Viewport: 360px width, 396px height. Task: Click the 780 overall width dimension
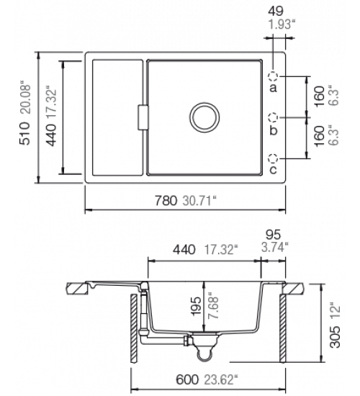click(166, 201)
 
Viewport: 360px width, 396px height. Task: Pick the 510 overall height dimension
click(24, 133)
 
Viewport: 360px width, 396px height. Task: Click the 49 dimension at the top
click(276, 11)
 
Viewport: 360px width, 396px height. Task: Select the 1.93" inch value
click(282, 24)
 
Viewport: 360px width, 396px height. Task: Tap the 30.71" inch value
click(199, 201)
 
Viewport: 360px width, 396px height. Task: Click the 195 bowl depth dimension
click(196, 306)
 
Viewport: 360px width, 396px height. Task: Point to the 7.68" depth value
click(213, 306)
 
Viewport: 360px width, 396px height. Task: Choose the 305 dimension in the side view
click(336, 337)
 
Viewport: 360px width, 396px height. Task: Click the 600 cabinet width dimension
click(187, 379)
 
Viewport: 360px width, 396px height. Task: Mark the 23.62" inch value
click(221, 379)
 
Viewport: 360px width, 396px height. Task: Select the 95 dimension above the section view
click(273, 235)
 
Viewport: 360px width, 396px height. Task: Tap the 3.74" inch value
click(275, 247)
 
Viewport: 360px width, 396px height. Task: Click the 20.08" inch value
click(25, 98)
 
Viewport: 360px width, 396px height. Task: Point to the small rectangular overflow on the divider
click(143, 117)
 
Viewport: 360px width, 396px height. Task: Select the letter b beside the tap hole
click(274, 130)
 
